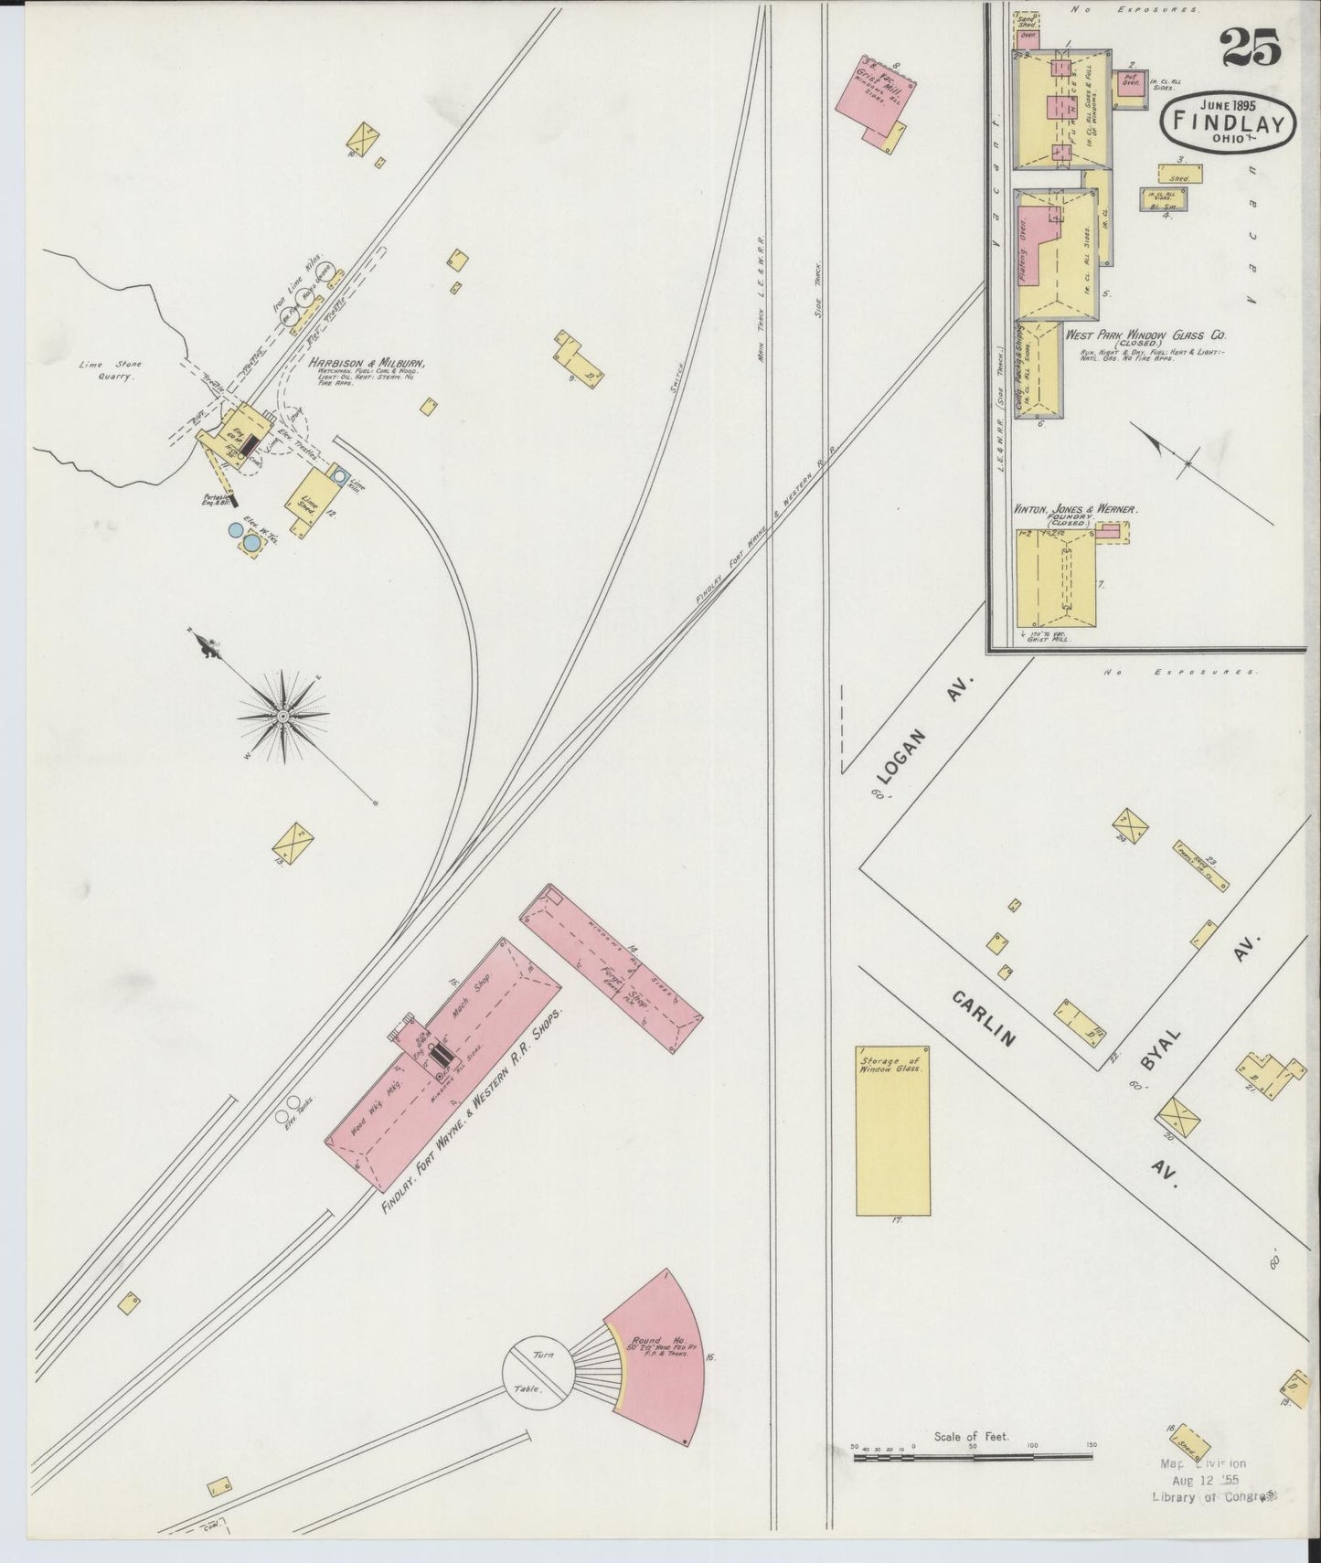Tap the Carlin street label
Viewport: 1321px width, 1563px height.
coord(985,1018)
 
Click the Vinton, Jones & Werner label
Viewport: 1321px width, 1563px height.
coord(1074,508)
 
